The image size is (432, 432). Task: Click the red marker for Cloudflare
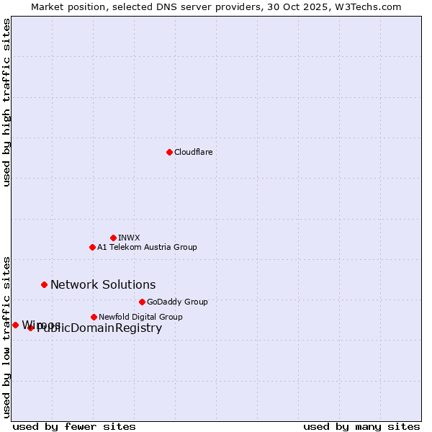(x=169, y=152)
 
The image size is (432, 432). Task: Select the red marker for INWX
(x=113, y=238)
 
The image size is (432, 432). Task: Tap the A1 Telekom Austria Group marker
(x=92, y=247)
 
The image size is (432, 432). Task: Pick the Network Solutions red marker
(x=44, y=284)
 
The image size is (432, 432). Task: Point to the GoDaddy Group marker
(x=142, y=302)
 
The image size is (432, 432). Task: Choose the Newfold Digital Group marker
(x=94, y=317)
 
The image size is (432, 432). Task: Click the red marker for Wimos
(x=15, y=325)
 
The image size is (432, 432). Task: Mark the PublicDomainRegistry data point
(x=30, y=328)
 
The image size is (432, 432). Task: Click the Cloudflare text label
(x=194, y=152)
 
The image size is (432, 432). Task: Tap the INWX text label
(x=129, y=238)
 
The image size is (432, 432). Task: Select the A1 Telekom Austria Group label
(x=147, y=247)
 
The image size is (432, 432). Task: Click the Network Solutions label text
(x=103, y=284)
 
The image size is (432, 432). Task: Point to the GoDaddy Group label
(x=177, y=302)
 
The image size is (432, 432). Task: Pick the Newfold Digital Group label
(x=140, y=317)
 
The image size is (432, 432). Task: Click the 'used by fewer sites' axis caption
(x=74, y=426)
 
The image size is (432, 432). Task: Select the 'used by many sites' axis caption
(x=361, y=426)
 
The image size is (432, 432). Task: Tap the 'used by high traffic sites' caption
(x=6, y=102)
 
